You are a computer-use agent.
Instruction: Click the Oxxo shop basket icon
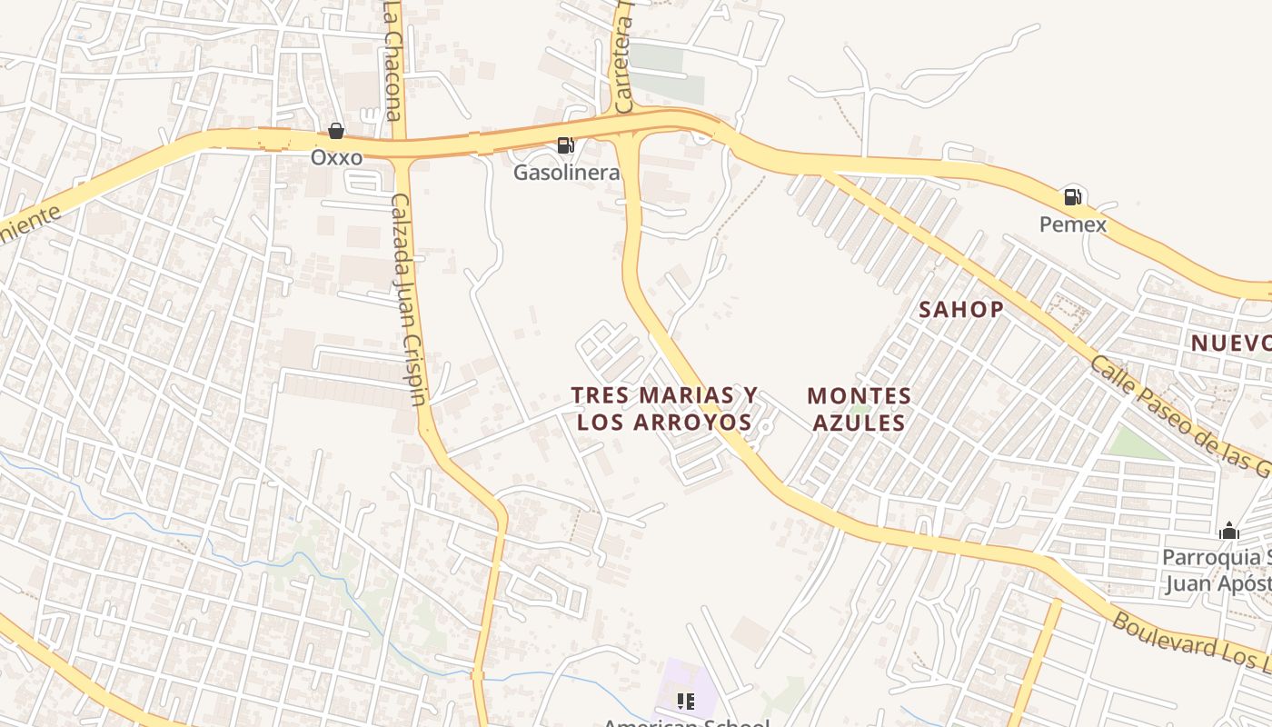[336, 131]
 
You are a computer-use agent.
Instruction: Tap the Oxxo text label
[336, 157]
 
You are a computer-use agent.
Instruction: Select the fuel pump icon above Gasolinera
[565, 144]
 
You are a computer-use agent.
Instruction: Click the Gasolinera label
[566, 172]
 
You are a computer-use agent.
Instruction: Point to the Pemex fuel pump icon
[1072, 196]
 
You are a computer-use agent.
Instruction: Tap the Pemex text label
[1073, 224]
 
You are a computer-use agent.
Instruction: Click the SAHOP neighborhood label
[961, 309]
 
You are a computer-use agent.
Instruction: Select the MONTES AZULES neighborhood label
[859, 409]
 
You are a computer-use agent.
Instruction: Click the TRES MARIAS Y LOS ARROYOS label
[664, 409]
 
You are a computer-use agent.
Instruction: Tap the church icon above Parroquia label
[1228, 531]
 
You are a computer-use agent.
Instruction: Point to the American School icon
[686, 701]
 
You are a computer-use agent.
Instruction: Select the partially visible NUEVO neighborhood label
[1231, 343]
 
